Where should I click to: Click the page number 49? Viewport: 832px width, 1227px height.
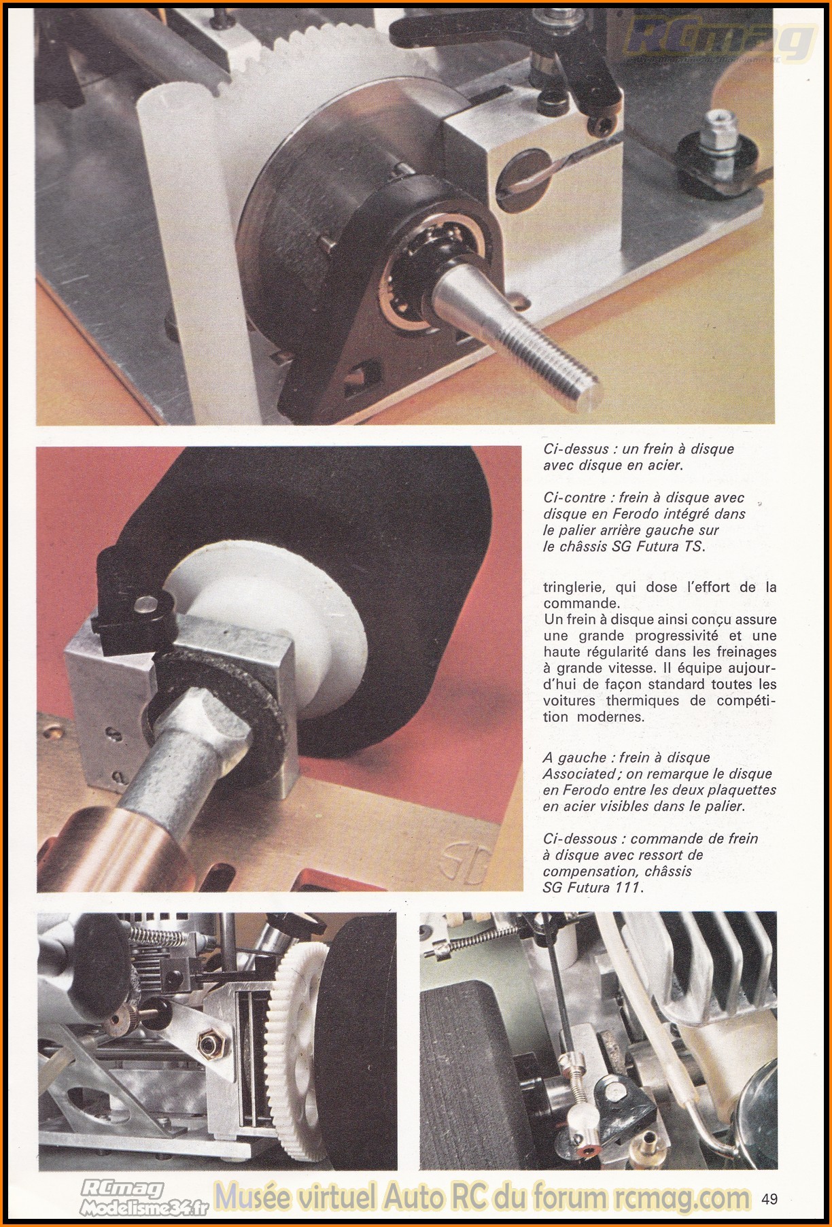(769, 1198)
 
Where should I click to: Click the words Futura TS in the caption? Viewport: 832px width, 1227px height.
(669, 547)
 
